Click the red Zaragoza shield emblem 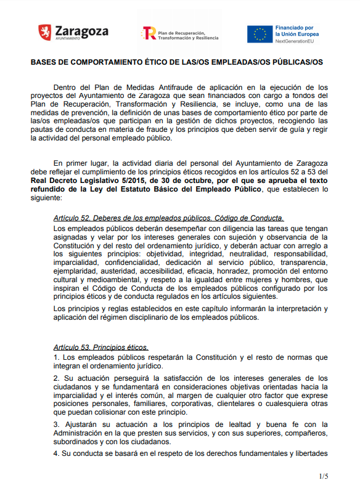[x=44, y=33]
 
